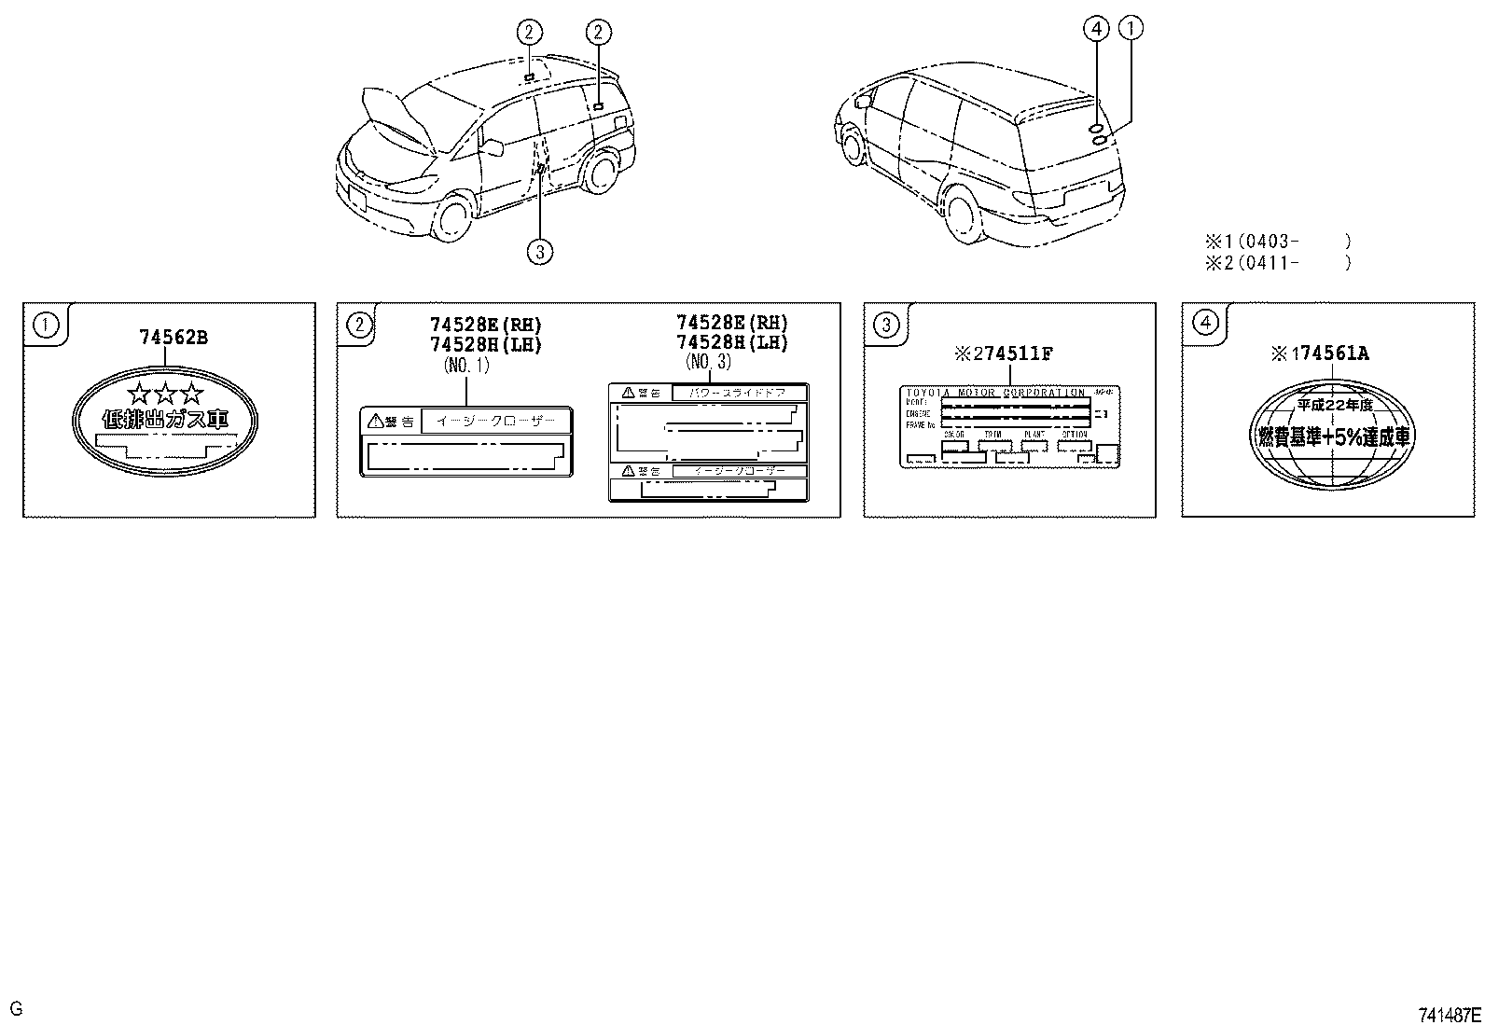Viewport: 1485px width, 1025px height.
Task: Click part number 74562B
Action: [x=173, y=338]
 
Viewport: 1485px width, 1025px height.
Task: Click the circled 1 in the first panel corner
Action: [x=44, y=325]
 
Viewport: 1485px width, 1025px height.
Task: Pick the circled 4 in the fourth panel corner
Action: [x=1205, y=324]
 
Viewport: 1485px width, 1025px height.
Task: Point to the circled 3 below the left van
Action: [x=539, y=250]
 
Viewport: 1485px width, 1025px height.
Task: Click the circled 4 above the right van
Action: [x=1096, y=31]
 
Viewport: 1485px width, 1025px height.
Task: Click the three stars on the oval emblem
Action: [x=165, y=393]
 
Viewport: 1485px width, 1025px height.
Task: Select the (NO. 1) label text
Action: [x=466, y=366]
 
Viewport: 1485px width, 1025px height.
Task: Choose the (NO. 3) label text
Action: [x=712, y=361]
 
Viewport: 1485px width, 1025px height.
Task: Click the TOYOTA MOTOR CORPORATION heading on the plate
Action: [x=996, y=393]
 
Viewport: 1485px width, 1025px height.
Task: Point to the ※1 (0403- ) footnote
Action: [x=1277, y=241]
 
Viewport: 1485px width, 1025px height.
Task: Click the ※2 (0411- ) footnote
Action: [x=1277, y=262]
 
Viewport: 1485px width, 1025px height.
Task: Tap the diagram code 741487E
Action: [x=1449, y=1014]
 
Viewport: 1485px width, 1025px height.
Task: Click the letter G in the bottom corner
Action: [x=16, y=1008]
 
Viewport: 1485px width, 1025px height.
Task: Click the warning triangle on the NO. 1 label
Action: [x=376, y=422]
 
